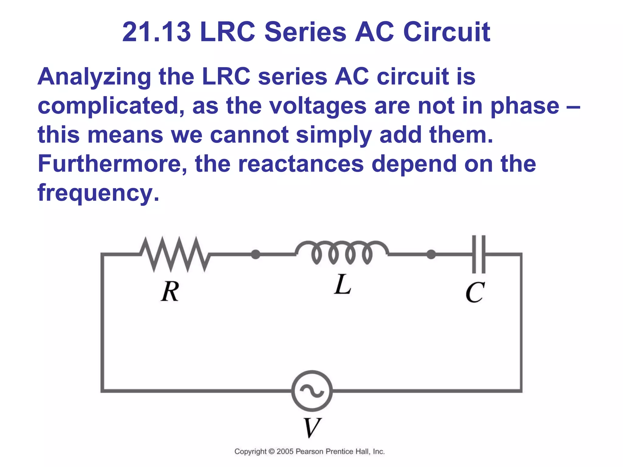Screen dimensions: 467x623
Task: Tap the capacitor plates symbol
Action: (479, 254)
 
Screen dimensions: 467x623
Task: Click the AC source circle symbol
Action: (312, 391)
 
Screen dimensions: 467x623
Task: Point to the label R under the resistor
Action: (170, 291)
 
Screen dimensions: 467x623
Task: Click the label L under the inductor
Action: (343, 285)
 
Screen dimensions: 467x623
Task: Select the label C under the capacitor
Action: (475, 292)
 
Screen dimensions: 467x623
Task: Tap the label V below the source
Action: (312, 427)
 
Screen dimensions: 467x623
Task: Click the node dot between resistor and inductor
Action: (256, 254)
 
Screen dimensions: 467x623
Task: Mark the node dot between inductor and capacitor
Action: (431, 254)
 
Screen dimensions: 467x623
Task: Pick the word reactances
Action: (301, 164)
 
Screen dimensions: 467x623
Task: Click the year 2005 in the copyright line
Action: (285, 451)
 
